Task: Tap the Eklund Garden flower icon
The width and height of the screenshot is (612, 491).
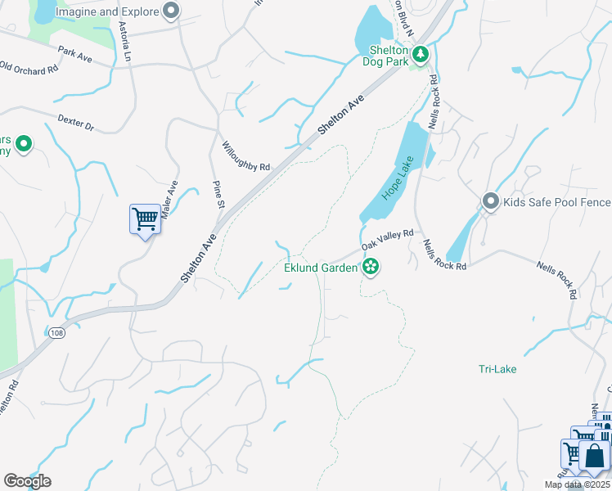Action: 371,267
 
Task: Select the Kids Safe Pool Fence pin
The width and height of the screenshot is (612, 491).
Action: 491,200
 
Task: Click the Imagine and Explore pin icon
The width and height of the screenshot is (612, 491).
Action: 170,11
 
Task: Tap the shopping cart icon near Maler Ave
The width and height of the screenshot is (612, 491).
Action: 145,219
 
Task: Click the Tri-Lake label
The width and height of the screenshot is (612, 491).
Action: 497,369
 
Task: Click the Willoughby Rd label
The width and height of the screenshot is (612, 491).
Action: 245,155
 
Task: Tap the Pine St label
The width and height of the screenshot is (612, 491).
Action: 218,195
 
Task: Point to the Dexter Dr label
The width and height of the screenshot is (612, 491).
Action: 76,123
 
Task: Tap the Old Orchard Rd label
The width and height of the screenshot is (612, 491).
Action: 29,70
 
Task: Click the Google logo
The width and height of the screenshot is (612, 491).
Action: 27,480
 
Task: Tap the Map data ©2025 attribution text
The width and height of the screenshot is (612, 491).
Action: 576,484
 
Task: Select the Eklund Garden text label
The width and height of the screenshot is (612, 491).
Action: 321,267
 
